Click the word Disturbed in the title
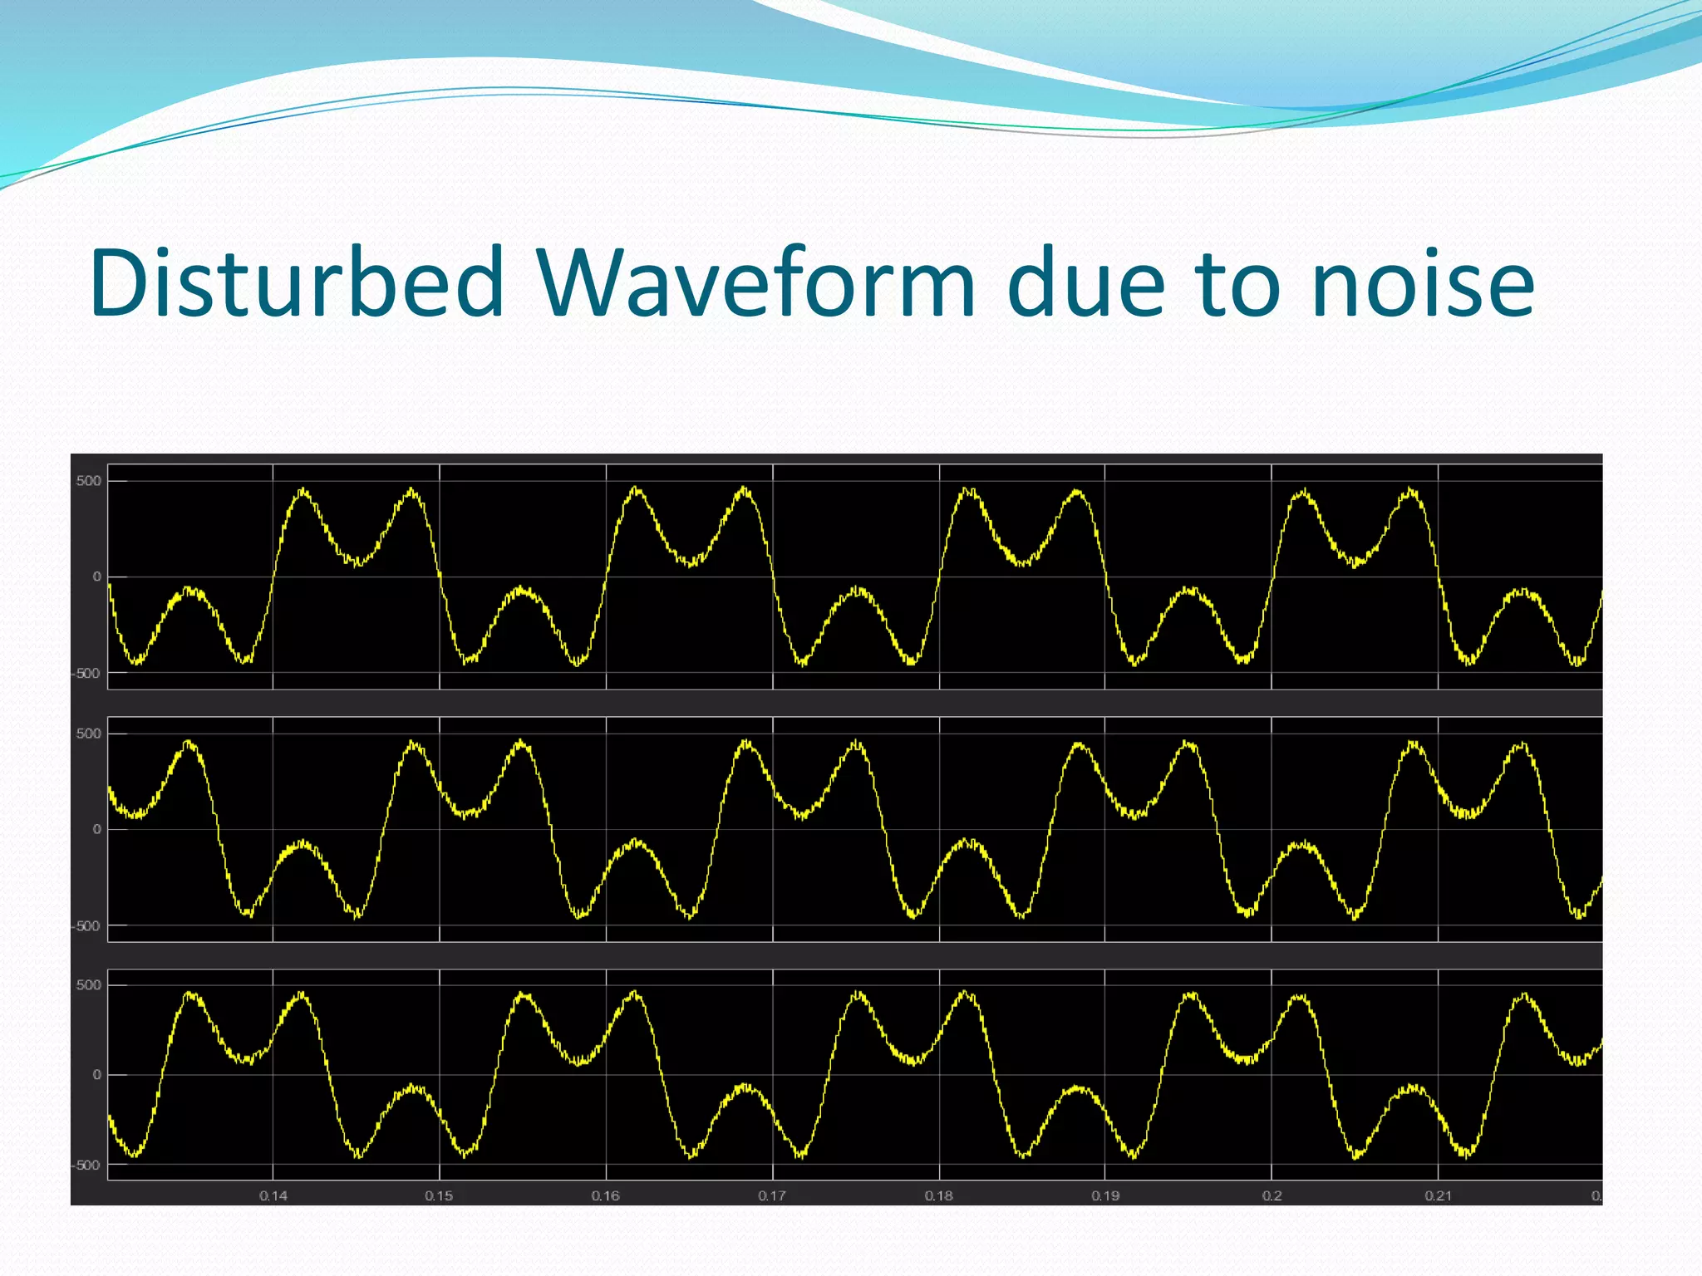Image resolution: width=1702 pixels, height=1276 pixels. pyautogui.click(x=297, y=283)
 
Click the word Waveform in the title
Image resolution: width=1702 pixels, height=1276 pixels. pyautogui.click(x=756, y=283)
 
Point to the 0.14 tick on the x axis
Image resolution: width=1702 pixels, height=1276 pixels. pyautogui.click(x=273, y=1195)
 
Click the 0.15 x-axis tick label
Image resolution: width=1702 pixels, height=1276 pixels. pyautogui.click(x=440, y=1195)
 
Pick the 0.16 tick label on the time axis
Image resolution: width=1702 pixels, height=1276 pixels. pyautogui.click(x=606, y=1195)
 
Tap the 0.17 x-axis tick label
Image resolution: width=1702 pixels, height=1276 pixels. pyautogui.click(x=773, y=1195)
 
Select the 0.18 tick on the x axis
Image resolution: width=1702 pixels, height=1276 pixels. pyautogui.click(x=939, y=1195)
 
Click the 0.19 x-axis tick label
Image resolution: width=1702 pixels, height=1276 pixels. pyautogui.click(x=1105, y=1195)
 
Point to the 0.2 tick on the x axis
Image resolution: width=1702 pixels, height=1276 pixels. pyautogui.click(x=1272, y=1195)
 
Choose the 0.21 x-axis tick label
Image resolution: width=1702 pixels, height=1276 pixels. pyautogui.click(x=1439, y=1195)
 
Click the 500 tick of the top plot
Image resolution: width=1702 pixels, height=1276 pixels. pyautogui.click(x=89, y=481)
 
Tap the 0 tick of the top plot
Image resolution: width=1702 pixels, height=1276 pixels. pyautogui.click(x=97, y=577)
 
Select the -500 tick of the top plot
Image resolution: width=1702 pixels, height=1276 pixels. pyautogui.click(x=86, y=673)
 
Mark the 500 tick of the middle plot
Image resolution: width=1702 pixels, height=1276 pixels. pyautogui.click(x=89, y=734)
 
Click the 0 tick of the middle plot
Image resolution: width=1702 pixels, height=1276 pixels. pyautogui.click(x=97, y=829)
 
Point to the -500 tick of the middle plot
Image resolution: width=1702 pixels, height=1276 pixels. pyautogui.click(x=86, y=925)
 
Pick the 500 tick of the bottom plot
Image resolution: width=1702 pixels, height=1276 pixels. pyautogui.click(x=89, y=985)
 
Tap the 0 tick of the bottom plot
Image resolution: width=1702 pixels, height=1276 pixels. pyautogui.click(x=97, y=1075)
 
